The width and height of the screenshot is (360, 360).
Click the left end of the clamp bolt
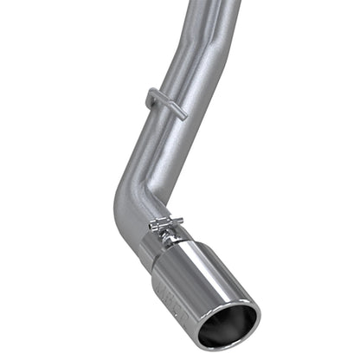tap(153, 228)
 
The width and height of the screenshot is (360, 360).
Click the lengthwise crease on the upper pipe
tap(205, 35)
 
